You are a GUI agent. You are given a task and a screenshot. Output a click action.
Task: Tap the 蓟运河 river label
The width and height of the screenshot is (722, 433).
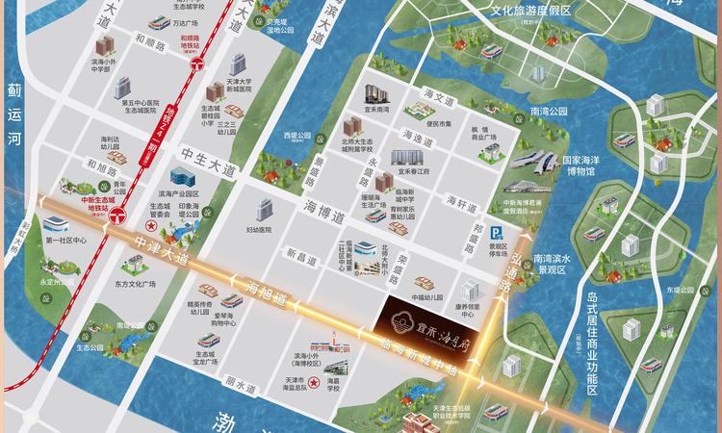click(x=13, y=114)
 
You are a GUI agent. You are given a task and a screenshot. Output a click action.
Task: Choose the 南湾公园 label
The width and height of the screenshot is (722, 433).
click(x=550, y=112)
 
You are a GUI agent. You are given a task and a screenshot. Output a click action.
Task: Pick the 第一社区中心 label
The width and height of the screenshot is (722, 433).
click(x=66, y=241)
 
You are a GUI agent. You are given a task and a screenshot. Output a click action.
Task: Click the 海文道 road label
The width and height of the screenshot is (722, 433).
click(x=437, y=99)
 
